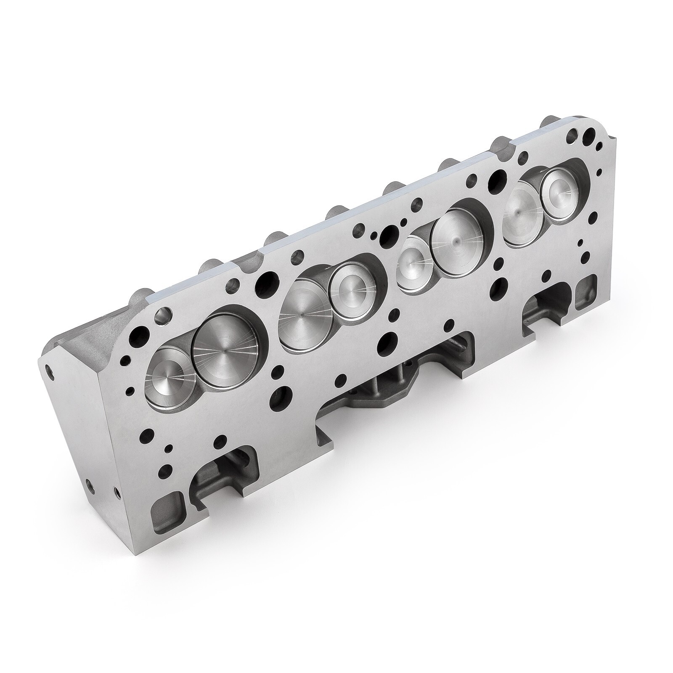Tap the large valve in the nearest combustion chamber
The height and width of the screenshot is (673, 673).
[227, 351]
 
